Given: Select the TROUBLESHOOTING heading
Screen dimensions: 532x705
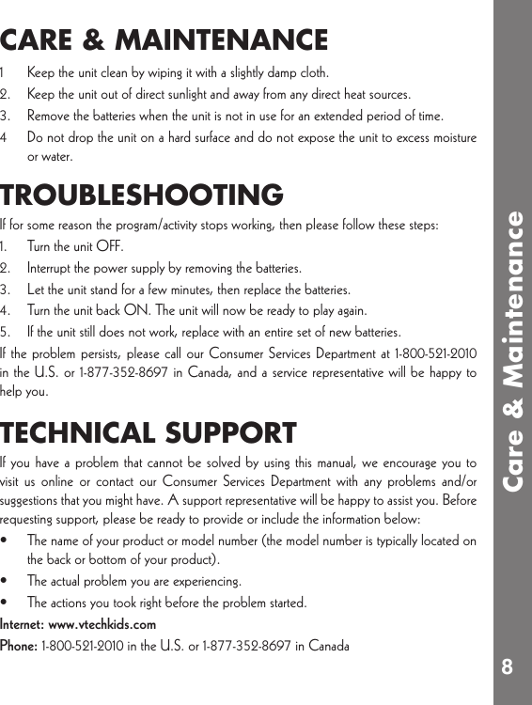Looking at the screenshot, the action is click(141, 196).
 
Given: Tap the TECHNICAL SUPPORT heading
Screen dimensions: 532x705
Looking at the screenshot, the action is click(149, 433).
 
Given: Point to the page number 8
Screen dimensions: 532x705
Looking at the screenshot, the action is click(507, 666).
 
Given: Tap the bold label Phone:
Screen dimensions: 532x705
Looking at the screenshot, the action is click(19, 646).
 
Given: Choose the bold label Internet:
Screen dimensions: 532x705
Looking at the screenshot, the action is click(23, 624).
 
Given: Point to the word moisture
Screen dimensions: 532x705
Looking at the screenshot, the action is click(452, 138).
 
